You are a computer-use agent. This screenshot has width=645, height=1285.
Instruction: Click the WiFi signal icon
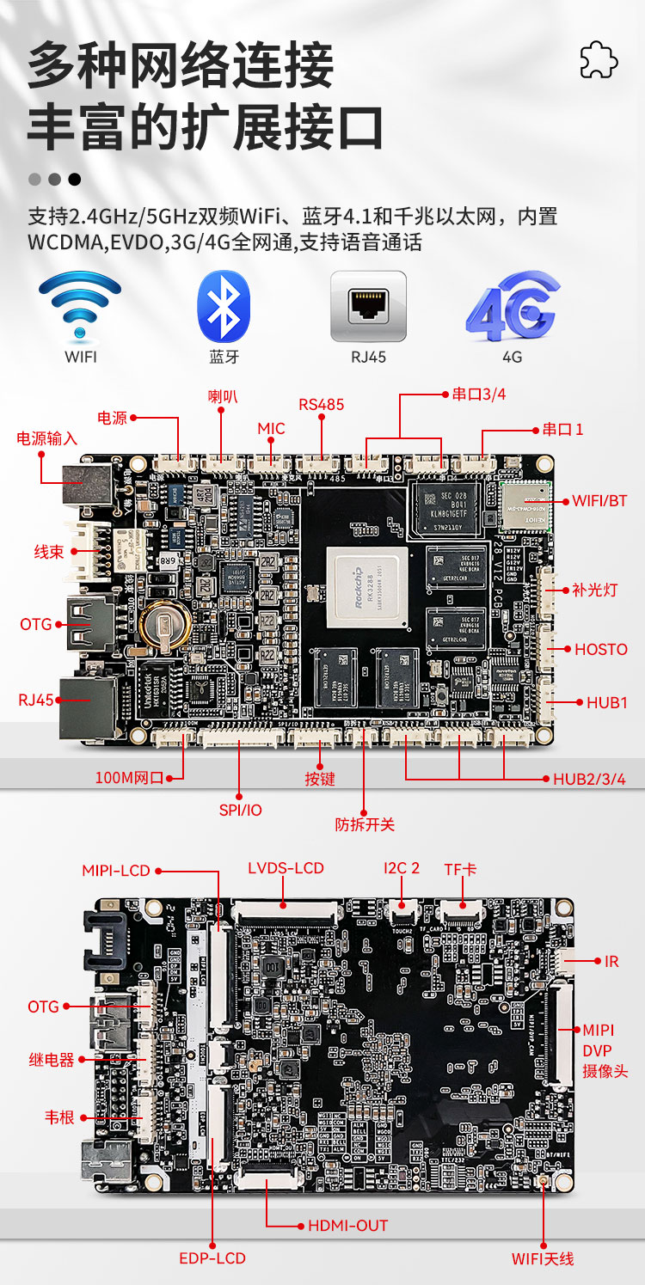tap(80, 305)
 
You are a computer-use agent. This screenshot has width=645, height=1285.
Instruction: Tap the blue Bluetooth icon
tap(224, 306)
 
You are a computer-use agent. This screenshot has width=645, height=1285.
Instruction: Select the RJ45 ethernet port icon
tap(368, 306)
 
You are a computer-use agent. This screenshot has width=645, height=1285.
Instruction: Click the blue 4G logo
tap(513, 306)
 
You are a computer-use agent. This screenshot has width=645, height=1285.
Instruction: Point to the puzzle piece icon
tap(599, 59)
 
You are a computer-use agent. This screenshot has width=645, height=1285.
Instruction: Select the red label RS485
tap(321, 404)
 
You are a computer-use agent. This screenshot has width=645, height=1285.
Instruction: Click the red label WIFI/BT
tap(599, 500)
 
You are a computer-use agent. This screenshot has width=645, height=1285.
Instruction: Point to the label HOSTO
tap(601, 649)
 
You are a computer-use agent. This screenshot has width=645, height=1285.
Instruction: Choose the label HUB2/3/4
tap(589, 779)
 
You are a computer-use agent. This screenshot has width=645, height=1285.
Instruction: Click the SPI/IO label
tap(240, 810)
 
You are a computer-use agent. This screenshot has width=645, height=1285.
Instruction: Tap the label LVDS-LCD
tap(286, 868)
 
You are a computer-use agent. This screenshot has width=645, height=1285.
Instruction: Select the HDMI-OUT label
tap(347, 1225)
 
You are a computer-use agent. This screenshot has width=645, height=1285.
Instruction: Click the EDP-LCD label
tap(212, 1258)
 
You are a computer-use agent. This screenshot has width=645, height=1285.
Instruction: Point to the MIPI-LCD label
tap(116, 871)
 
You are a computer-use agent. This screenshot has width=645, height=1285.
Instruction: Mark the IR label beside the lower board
tap(611, 961)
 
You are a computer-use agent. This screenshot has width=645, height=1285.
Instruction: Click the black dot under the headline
tap(75, 180)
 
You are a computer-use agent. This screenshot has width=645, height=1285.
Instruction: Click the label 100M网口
tap(129, 779)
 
